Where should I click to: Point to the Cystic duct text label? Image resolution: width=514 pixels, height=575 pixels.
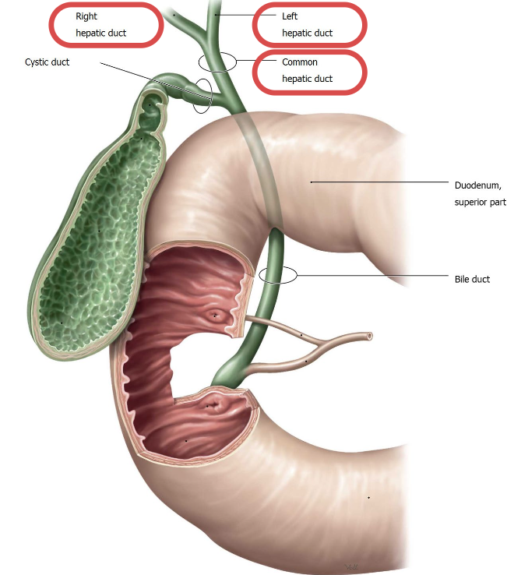tap(48, 62)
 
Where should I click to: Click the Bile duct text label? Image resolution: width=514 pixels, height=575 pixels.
tap(472, 279)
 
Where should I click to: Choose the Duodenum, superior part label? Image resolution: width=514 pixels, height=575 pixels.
tap(480, 193)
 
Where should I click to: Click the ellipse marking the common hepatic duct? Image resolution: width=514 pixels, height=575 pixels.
tap(217, 62)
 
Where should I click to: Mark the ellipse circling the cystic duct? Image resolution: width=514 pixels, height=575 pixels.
tap(202, 95)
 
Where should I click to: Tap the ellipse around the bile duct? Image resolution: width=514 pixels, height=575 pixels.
tap(278, 274)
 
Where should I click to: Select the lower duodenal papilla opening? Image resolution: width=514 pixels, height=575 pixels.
tap(212, 405)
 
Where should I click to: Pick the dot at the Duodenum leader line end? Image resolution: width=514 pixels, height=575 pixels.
tap(311, 182)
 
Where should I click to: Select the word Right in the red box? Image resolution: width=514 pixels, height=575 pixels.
tap(86, 16)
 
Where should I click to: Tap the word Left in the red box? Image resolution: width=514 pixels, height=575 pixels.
tap(290, 16)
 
